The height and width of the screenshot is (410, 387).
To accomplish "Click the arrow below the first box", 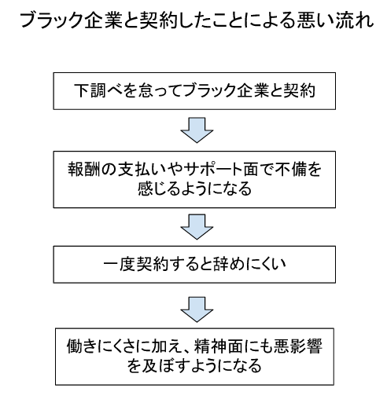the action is pyautogui.click(x=197, y=130).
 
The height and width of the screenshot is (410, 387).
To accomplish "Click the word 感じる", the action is pyautogui.click(x=159, y=189).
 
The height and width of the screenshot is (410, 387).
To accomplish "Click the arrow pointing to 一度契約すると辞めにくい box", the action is pyautogui.click(x=197, y=227).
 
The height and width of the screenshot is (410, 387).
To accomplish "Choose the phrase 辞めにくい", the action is pyautogui.click(x=249, y=265).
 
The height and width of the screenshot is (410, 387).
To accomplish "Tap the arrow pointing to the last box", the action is pyautogui.click(x=197, y=309).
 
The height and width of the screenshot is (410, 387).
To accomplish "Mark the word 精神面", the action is pyautogui.click(x=219, y=346).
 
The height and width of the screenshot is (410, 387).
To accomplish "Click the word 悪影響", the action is pyautogui.click(x=298, y=346).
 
